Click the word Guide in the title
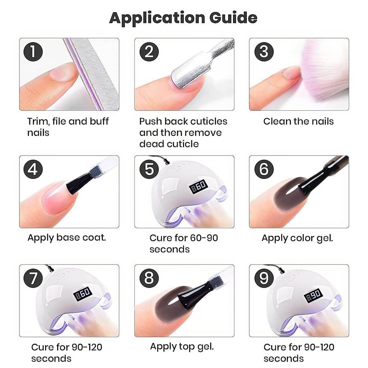pos(233,18)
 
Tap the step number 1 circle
pos(33,52)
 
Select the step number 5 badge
pos(149,169)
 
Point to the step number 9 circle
pos(264,278)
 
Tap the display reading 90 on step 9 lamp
pos(313,295)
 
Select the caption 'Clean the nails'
pos(298,121)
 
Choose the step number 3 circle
pos(264,52)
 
